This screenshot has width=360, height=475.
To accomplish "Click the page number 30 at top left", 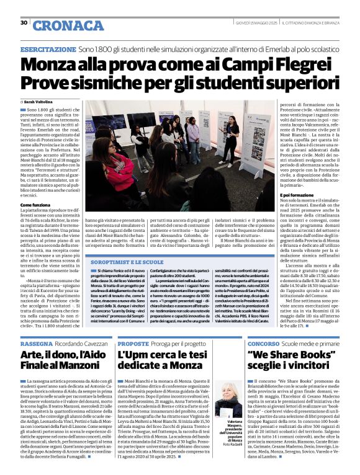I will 24,23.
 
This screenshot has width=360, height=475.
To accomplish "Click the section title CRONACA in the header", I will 60,25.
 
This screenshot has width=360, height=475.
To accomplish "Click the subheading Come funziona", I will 35,204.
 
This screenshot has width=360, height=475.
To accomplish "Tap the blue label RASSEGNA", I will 37,343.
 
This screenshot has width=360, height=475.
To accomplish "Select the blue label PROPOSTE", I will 133,343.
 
